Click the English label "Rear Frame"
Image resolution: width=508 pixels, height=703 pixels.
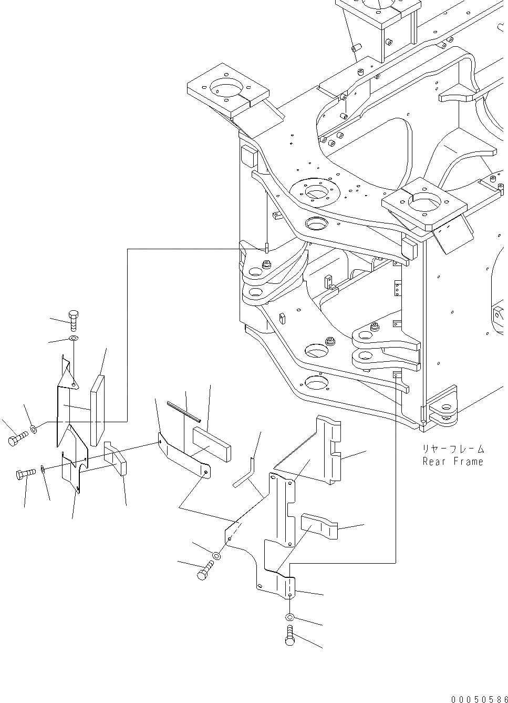(453, 462)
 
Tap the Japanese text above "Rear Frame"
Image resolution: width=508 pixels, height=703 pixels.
(453, 450)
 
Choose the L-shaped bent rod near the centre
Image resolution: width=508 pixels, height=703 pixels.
(246, 471)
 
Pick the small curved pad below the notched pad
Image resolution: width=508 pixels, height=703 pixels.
(318, 526)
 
